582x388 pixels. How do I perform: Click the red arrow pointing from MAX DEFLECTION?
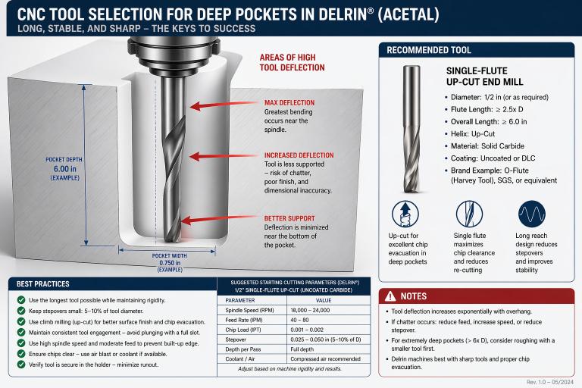224,105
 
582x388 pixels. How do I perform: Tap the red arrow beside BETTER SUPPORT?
219,220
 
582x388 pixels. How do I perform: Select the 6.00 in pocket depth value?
65,169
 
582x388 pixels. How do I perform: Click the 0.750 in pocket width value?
170,263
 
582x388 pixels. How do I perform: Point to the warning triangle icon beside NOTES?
390,296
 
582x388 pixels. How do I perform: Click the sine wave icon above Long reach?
531,214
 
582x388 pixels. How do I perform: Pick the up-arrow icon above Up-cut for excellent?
405,214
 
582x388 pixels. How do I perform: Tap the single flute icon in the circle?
469,214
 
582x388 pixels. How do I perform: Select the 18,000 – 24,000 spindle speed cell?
310,310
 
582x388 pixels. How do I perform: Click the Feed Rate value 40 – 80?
300,320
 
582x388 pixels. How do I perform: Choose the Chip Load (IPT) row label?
243,330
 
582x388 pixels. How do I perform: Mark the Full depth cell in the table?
302,349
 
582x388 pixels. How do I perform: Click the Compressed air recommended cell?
326,359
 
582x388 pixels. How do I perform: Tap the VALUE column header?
324,300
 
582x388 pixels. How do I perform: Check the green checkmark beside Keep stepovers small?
21,311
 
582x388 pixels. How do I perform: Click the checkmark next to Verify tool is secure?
21,365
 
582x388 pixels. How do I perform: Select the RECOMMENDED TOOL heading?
429,50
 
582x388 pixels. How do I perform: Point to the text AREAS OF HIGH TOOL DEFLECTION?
292,62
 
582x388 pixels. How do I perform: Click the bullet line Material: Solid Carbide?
487,146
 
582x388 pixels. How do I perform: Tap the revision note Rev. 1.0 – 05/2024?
550,382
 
